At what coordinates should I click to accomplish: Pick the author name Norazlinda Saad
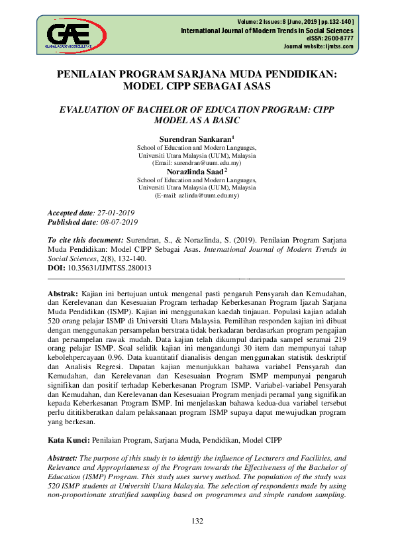(x=195, y=172)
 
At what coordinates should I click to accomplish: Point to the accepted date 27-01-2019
(x=116, y=213)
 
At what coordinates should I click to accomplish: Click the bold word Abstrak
(x=64, y=293)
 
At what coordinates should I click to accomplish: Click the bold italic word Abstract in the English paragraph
(x=63, y=458)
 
